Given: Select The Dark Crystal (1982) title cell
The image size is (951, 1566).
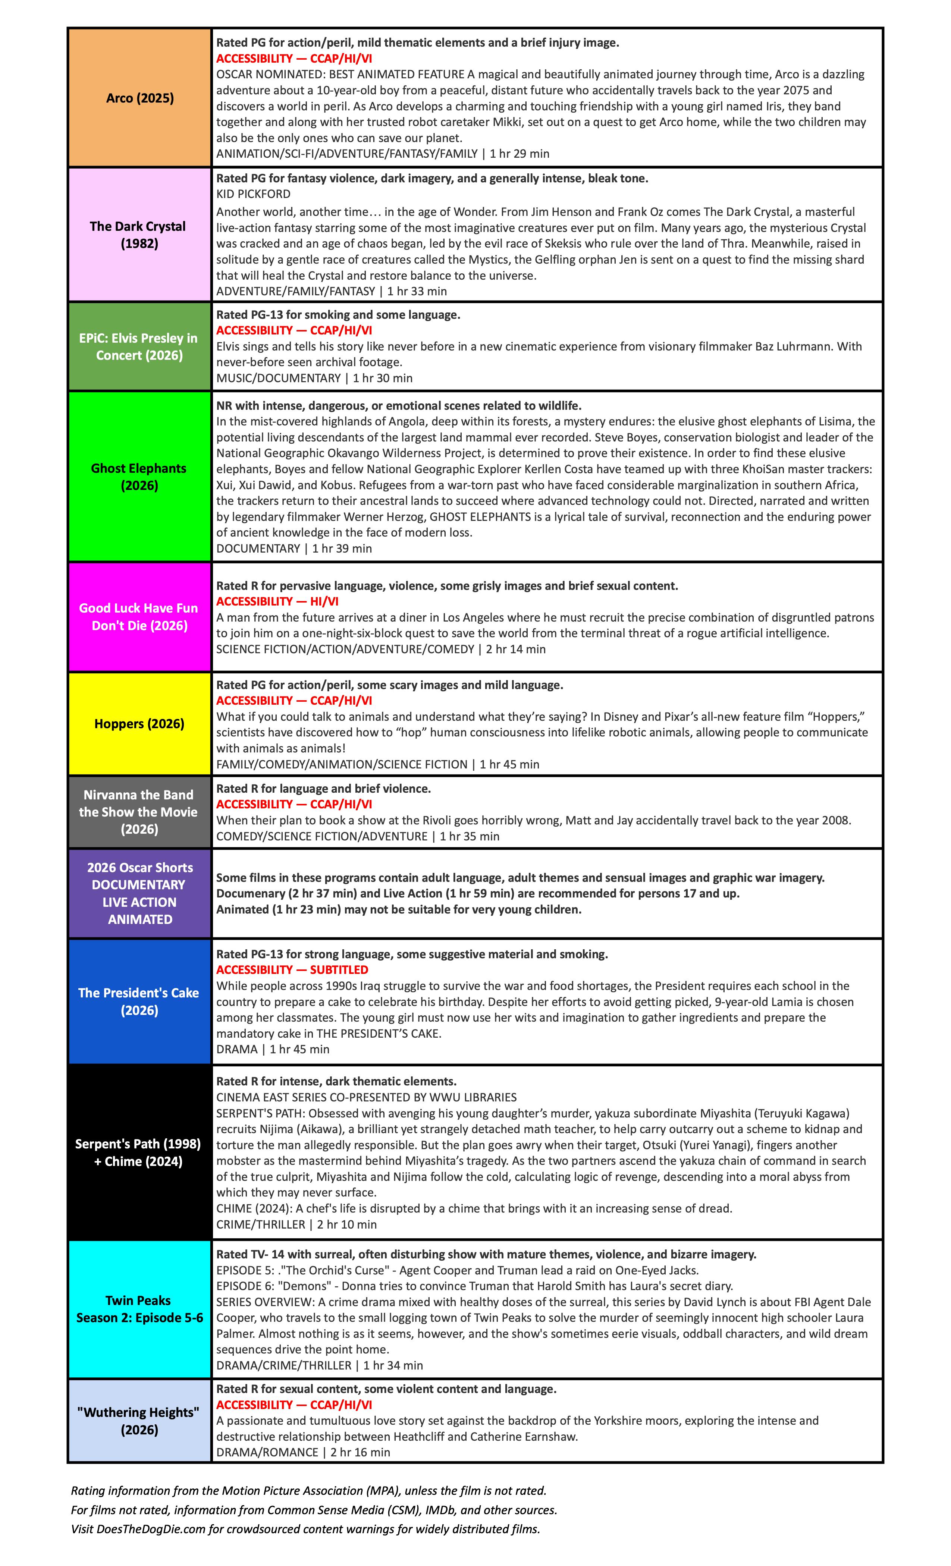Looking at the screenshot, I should [x=139, y=235].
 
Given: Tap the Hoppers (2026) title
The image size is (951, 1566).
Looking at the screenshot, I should [x=139, y=724].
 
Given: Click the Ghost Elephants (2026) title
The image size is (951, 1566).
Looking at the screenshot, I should [x=139, y=477].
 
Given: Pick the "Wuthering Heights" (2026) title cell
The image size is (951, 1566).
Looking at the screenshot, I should [x=139, y=1421].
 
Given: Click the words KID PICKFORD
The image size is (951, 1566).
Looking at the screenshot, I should [x=253, y=194].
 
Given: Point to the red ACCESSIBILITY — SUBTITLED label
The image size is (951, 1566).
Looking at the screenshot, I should [x=292, y=970].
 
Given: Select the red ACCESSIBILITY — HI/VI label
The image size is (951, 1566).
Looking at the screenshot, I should [x=277, y=601].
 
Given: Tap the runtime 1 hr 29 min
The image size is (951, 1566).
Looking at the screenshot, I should [x=520, y=154].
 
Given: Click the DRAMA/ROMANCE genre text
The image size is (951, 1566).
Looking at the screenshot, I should [x=267, y=1452].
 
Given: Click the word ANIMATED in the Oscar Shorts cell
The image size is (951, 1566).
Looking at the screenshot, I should [x=139, y=919].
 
